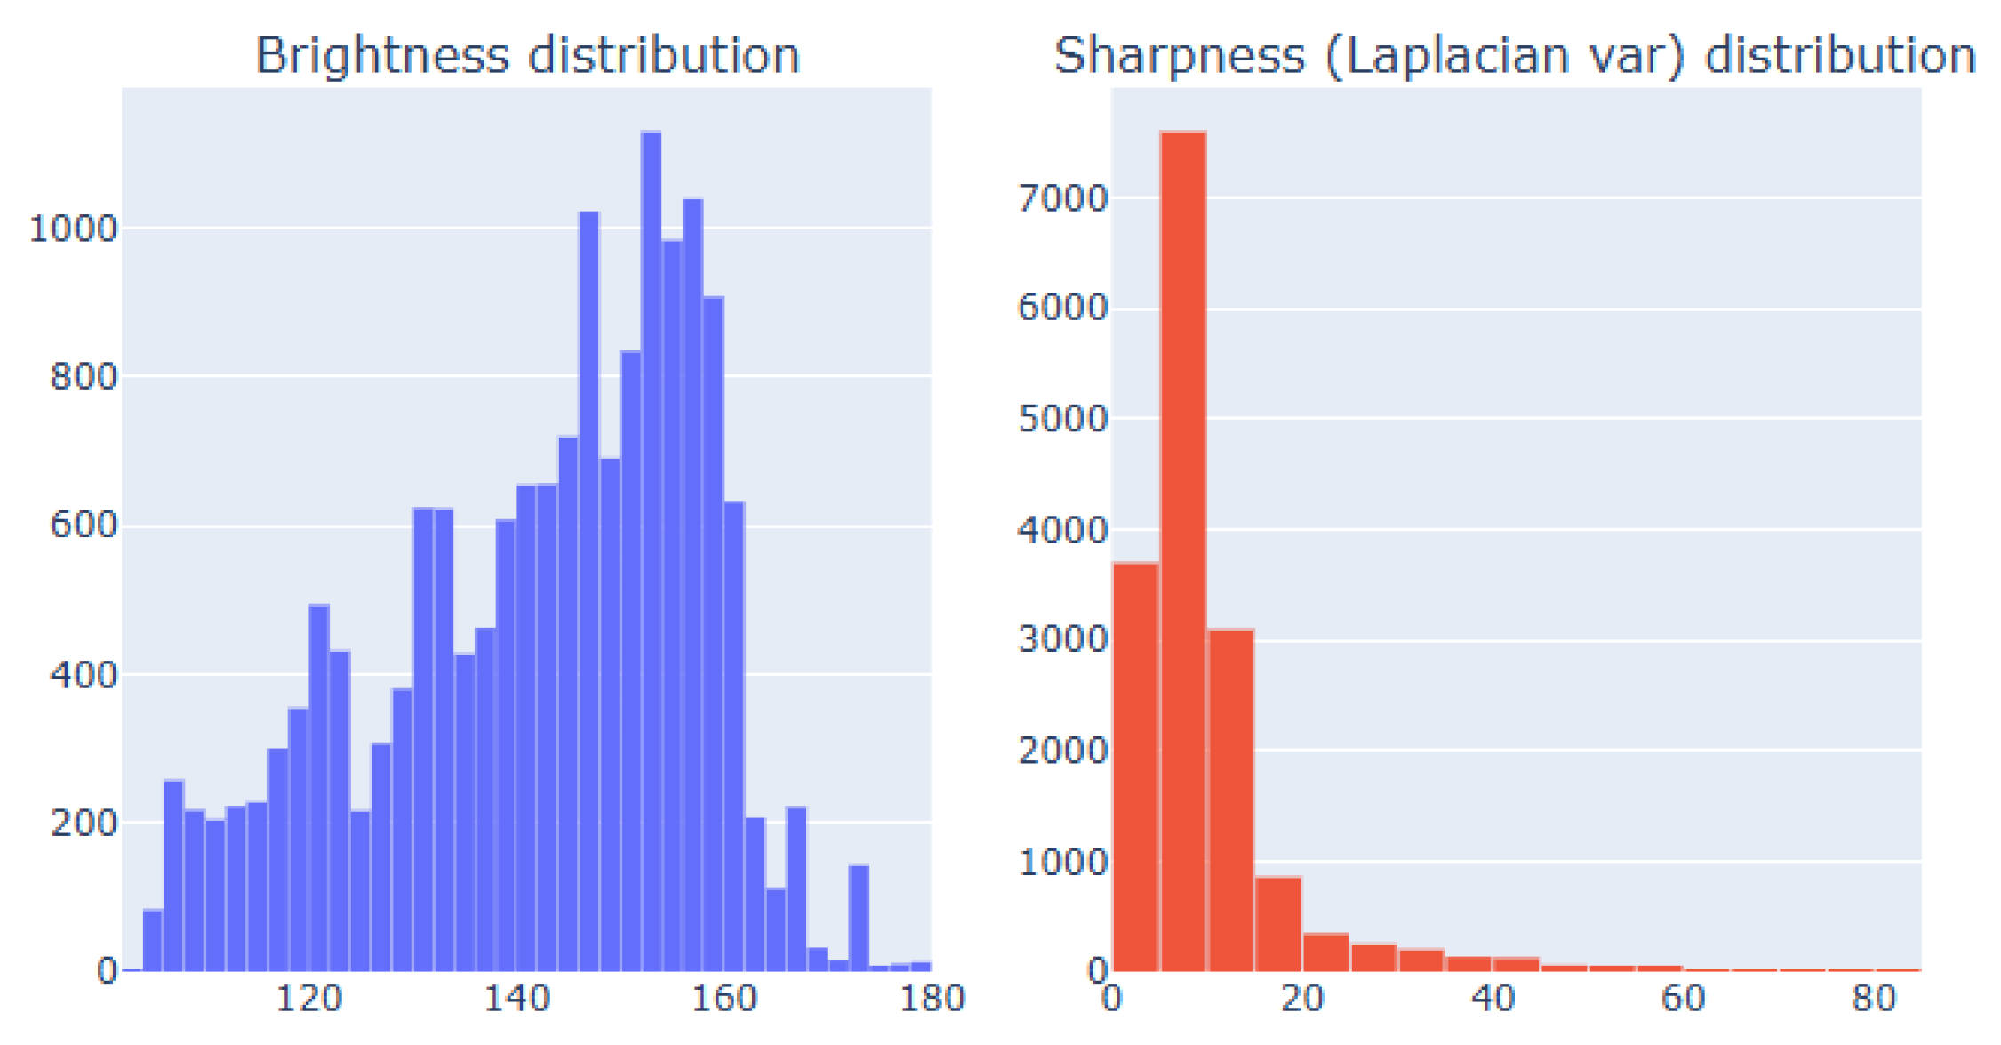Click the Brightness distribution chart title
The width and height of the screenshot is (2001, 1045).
point(527,55)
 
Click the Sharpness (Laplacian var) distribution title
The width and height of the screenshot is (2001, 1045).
point(1515,55)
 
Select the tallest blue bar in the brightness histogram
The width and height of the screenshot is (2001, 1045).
point(651,551)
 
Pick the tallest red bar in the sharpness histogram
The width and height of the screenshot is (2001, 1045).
point(1182,551)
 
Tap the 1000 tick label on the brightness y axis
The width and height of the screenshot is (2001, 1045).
point(73,229)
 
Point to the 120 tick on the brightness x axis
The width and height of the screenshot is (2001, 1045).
point(308,998)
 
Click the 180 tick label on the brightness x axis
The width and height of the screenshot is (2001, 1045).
point(932,998)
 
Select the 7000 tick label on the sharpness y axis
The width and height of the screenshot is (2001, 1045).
point(1062,197)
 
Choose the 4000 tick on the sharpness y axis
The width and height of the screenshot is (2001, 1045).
point(1062,530)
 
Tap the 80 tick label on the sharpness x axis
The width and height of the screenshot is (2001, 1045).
point(1874,998)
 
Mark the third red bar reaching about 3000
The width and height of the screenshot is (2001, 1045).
point(1230,800)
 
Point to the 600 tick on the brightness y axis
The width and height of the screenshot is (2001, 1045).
point(84,525)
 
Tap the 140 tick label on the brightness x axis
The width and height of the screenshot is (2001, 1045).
point(516,998)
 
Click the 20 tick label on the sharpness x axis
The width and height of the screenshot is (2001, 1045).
point(1302,998)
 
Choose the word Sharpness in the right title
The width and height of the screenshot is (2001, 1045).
point(1179,55)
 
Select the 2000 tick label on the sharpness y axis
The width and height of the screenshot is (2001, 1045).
point(1062,751)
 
